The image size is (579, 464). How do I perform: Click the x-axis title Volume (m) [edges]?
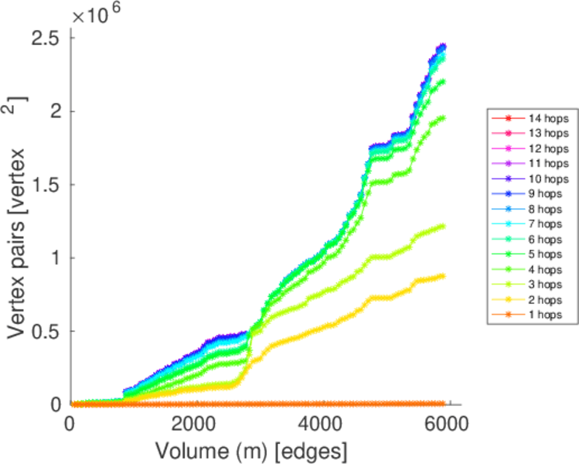(x=252, y=449)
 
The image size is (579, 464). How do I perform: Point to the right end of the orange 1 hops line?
(x=443, y=403)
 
